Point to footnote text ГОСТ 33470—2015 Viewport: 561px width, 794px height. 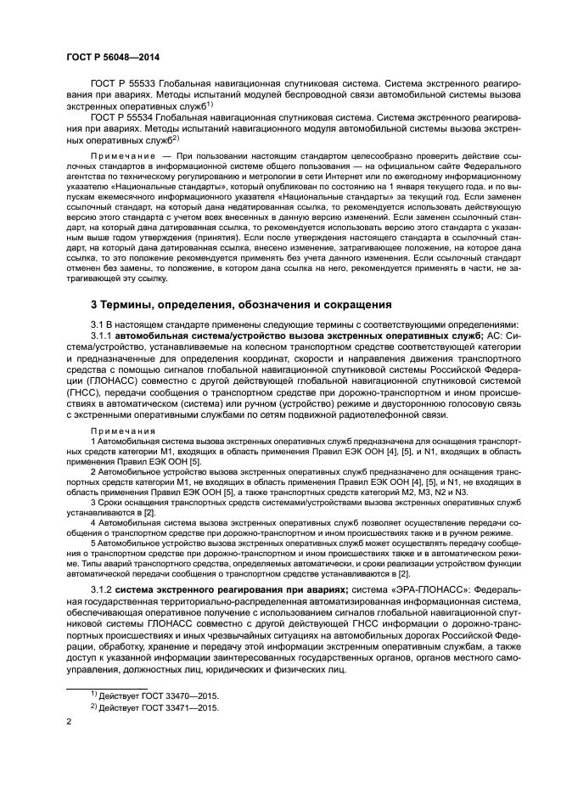pos(178,695)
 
